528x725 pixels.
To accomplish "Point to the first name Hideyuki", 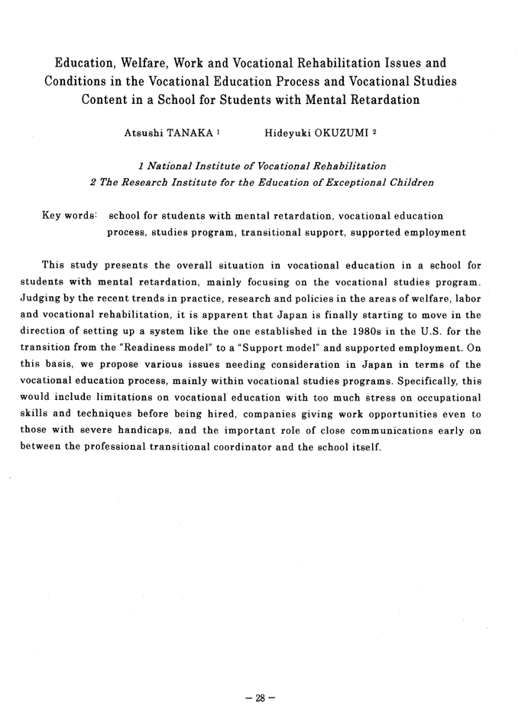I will tap(283, 133).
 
